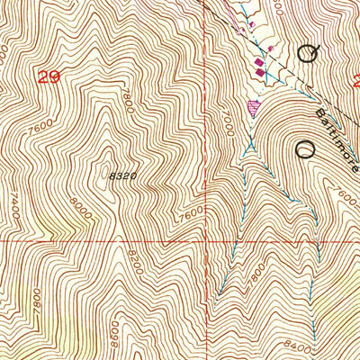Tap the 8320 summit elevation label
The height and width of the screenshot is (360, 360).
124,176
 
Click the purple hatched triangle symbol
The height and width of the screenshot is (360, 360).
253,107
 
